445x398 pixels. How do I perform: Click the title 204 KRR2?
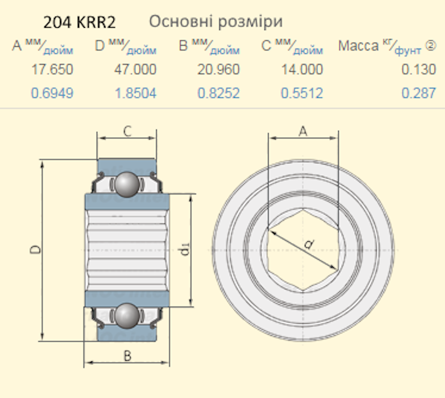[x=80, y=22]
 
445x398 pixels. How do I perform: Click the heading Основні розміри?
[x=216, y=22]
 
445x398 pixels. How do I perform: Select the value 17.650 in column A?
[x=52, y=69]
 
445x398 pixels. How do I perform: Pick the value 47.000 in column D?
[x=135, y=69]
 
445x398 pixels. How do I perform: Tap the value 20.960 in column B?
[x=219, y=69]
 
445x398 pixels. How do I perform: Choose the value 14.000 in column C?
[x=302, y=69]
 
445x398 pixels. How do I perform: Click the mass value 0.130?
[x=419, y=69]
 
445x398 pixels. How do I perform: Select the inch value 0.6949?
[x=52, y=93]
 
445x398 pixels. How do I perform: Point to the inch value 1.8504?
[x=135, y=93]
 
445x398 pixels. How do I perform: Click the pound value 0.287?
[x=419, y=93]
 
